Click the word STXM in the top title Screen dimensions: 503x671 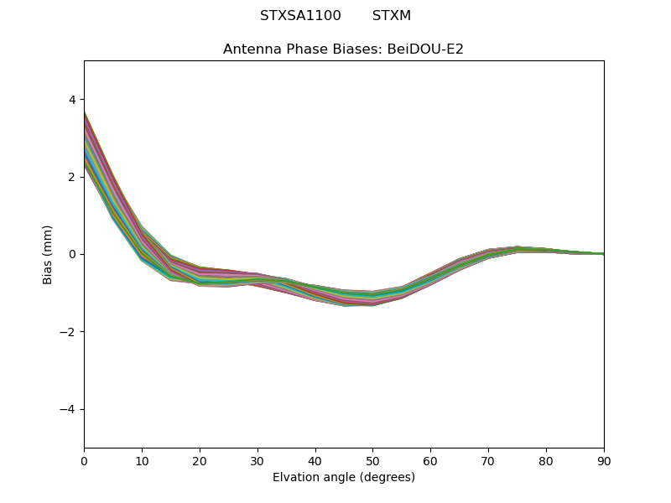click(392, 16)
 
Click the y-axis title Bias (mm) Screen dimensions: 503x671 click(48, 254)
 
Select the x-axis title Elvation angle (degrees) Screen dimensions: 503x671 click(344, 478)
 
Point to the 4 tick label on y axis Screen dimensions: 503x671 click(71, 100)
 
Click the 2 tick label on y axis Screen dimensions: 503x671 click(71, 177)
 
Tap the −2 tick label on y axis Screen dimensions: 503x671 click(68, 332)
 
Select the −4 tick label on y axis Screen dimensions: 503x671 click(68, 409)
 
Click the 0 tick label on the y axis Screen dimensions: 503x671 click(71, 255)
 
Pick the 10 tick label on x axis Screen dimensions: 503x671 click(142, 460)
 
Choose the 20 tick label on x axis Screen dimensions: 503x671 click(200, 460)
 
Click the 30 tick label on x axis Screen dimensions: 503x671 click(257, 460)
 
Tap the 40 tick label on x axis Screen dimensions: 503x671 click(315, 460)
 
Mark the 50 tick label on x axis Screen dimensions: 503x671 click(372, 460)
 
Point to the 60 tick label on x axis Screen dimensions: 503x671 click(430, 460)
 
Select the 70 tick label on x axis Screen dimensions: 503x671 click(488, 460)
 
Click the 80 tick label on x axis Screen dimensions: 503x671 click(546, 460)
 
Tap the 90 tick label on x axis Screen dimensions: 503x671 click(604, 460)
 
